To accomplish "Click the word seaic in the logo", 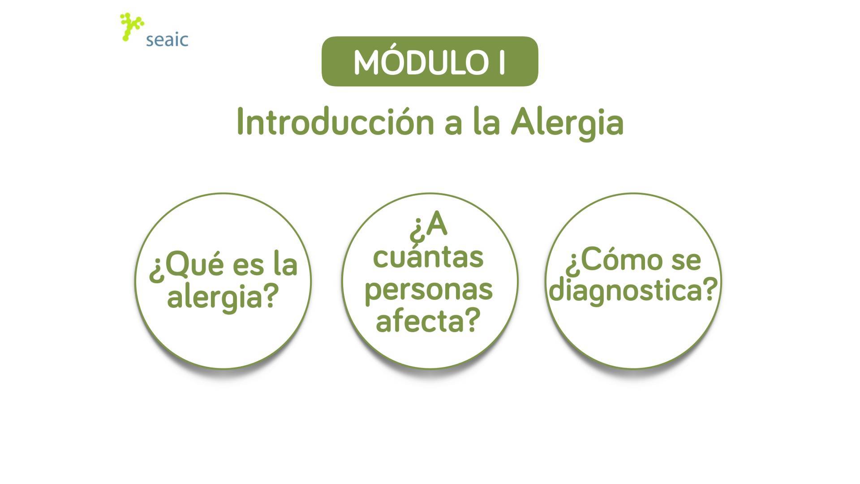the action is point(167,40).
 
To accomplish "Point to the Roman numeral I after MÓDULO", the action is point(501,63).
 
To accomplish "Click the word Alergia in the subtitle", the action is point(567,123).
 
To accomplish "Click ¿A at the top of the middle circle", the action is point(428,226).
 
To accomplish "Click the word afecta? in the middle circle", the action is point(428,320).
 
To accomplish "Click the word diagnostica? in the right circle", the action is point(633,291).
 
